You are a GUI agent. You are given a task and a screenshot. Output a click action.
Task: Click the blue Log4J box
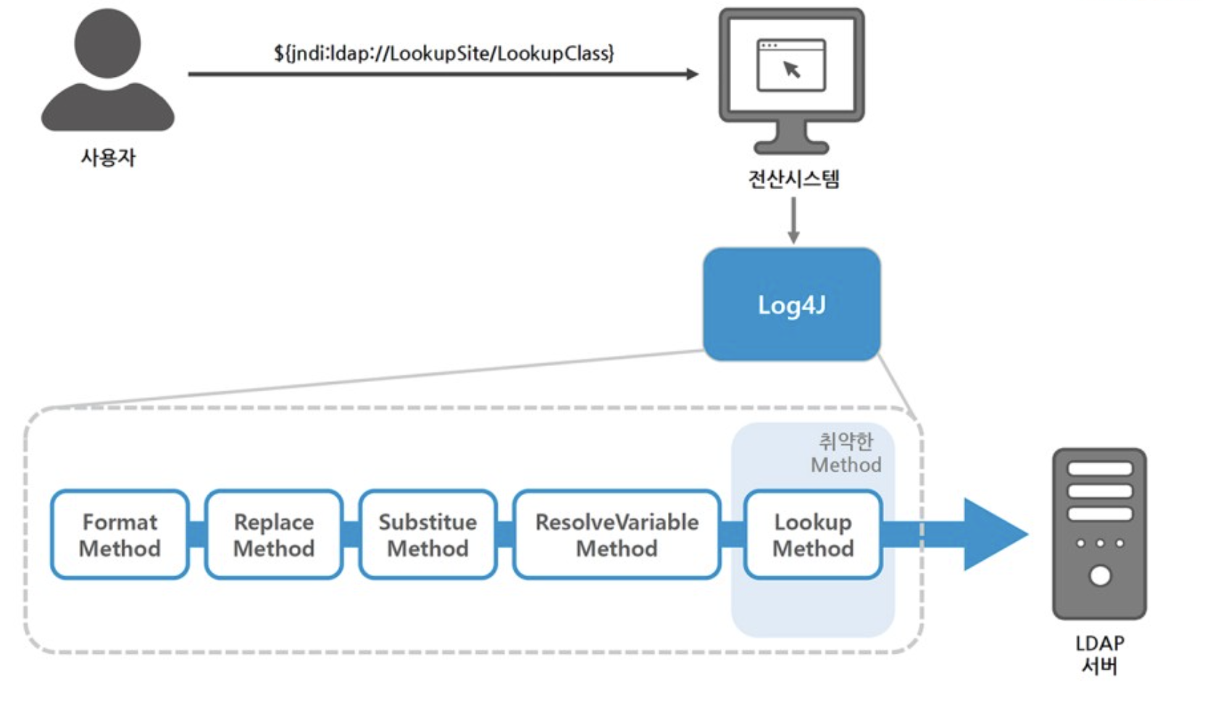click(x=791, y=304)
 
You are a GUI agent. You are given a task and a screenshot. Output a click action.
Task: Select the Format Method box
click(x=120, y=535)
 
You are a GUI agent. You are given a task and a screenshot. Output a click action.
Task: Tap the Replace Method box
click(x=274, y=535)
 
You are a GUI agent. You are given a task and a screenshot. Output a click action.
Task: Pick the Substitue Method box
click(x=427, y=535)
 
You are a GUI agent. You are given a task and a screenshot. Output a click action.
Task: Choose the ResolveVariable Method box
click(x=617, y=535)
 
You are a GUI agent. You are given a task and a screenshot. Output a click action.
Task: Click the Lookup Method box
click(x=813, y=535)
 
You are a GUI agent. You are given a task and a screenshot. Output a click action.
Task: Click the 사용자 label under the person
click(x=108, y=157)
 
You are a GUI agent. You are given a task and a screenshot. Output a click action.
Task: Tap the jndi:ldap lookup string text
click(x=443, y=53)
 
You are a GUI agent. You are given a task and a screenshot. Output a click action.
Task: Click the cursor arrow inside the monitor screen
click(x=792, y=70)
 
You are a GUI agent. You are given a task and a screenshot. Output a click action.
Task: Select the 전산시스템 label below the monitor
click(x=793, y=179)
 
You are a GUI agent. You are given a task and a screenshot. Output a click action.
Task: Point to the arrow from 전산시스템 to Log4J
click(x=793, y=220)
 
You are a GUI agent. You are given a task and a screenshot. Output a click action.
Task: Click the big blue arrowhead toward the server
click(x=993, y=534)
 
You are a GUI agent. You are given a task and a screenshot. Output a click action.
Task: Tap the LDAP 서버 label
click(x=1099, y=654)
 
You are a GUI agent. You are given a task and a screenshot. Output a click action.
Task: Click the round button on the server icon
click(x=1100, y=576)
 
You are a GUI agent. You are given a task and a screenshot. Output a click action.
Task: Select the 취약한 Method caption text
click(x=846, y=453)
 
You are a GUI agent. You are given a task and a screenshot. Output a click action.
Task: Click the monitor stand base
click(x=791, y=146)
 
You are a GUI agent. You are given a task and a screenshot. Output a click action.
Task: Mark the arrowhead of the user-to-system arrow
click(x=692, y=74)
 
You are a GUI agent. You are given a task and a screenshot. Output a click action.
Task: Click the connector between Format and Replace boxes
click(x=197, y=535)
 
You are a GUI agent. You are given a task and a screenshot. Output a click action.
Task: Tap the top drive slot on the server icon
click(x=1099, y=469)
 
